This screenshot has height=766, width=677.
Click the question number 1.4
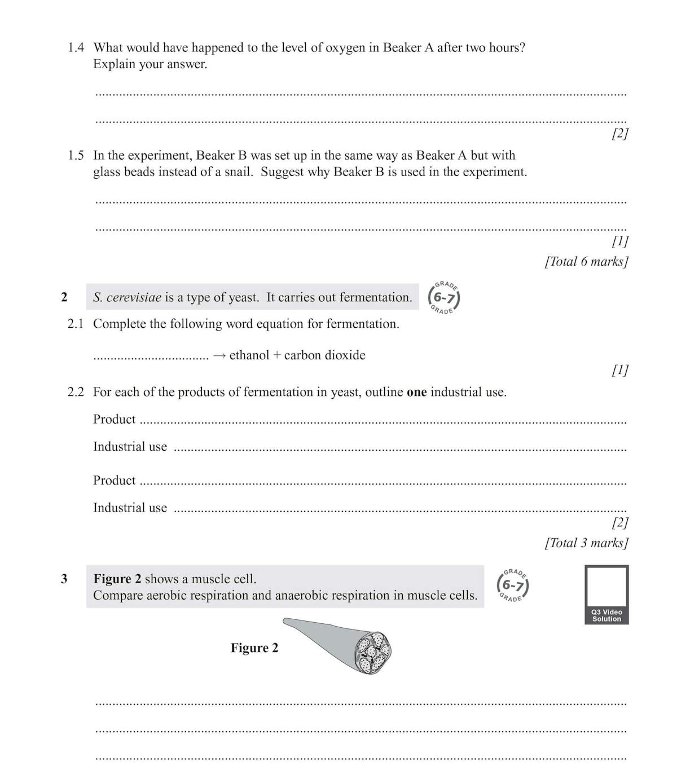(76, 48)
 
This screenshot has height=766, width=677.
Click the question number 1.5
(76, 156)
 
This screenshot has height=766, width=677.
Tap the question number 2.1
(76, 324)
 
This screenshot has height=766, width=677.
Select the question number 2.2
(76, 393)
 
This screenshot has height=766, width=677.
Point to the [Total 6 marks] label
(586, 262)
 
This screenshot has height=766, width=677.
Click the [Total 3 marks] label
(586, 543)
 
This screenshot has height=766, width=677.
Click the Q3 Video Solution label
(606, 616)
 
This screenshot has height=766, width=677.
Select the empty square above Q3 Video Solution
(606, 587)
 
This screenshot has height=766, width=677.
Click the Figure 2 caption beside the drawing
(254, 648)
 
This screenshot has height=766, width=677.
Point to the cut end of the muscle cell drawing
(373, 653)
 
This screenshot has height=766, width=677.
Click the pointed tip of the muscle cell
(286, 621)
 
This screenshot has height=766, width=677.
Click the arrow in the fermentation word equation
(219, 356)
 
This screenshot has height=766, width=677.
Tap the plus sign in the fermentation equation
(276, 356)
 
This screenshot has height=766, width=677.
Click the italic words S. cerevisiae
(127, 298)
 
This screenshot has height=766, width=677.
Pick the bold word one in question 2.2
(416, 393)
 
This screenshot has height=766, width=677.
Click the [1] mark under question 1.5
(619, 241)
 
